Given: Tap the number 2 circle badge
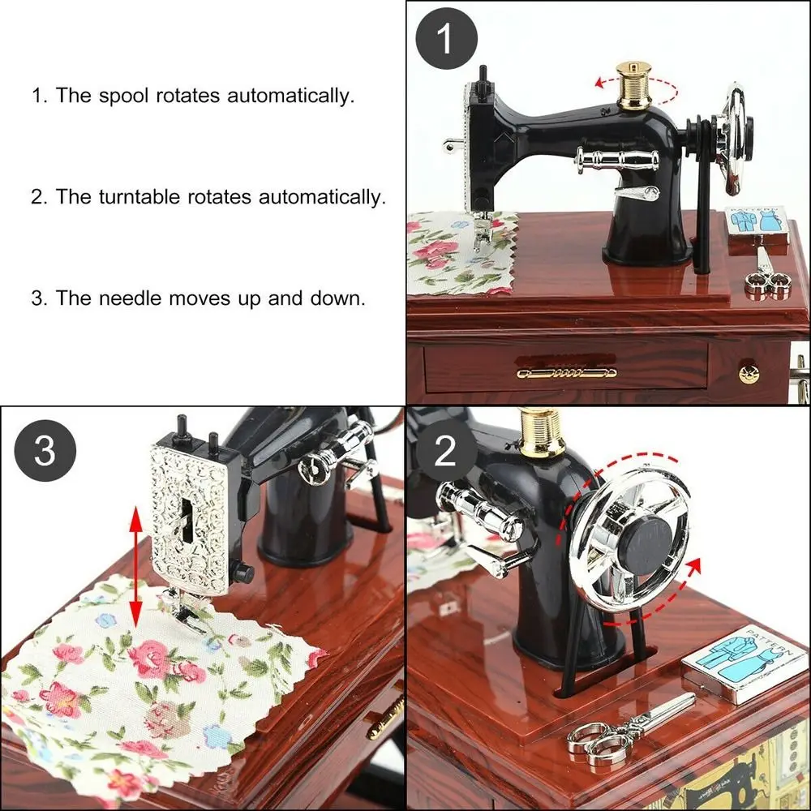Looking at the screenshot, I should click(445, 451).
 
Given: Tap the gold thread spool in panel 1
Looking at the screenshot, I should click(633, 86).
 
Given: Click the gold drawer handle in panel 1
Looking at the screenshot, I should click(566, 372).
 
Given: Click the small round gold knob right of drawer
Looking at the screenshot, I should click(747, 373).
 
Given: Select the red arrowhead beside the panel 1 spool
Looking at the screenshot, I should click(599, 82).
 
